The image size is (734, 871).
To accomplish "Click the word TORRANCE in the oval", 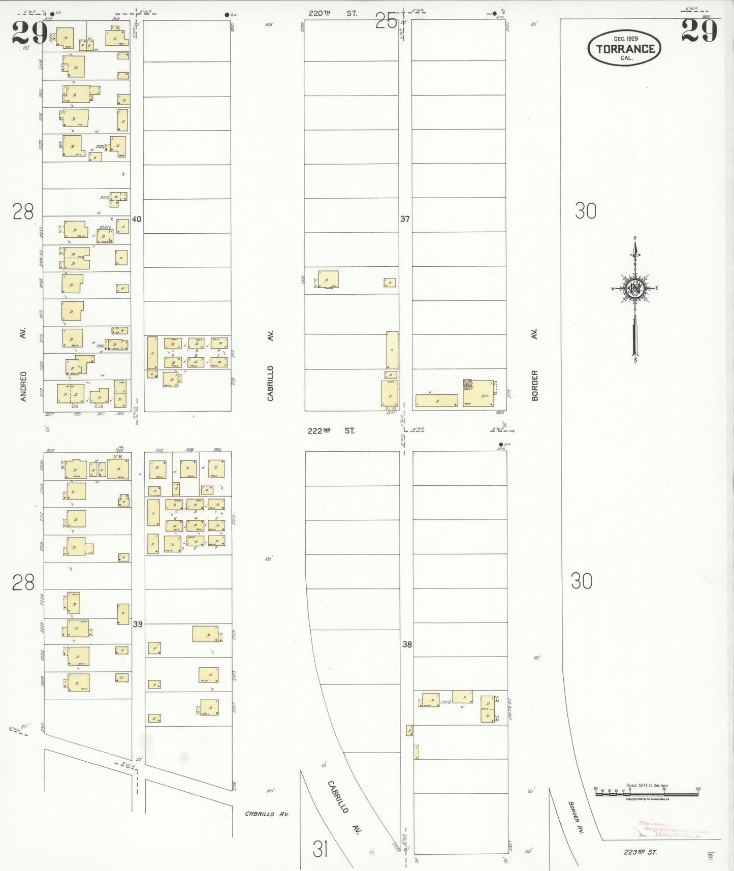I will point(625,49).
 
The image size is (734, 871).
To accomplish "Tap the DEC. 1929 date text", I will point(625,39).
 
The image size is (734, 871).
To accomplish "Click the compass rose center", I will point(635,289).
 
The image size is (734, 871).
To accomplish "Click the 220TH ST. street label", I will point(333,14).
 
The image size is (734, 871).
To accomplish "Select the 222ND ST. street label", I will point(331,431).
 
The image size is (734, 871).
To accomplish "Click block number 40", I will point(136,219).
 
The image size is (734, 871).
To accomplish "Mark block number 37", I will point(405,219).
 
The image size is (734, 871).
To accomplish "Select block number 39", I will point(138,624).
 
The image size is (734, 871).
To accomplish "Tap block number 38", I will point(407,644).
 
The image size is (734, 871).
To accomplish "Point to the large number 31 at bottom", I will point(320,849).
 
